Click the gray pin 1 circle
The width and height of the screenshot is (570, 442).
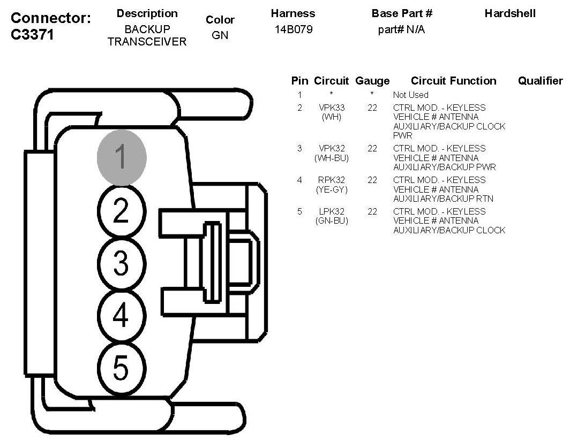(121, 157)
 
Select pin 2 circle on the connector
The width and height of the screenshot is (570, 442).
(121, 211)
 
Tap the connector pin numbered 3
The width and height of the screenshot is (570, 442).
(121, 263)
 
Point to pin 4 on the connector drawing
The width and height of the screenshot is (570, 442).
(121, 315)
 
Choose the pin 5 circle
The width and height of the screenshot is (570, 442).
(121, 368)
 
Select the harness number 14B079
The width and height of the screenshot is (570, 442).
(293, 30)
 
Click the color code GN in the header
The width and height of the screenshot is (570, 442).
(220, 36)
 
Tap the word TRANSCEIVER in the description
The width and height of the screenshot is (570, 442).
(147, 42)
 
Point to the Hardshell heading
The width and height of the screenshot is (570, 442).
(510, 14)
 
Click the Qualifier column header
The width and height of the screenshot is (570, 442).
(540, 81)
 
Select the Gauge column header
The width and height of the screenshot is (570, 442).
(372, 81)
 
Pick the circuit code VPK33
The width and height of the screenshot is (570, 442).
(331, 108)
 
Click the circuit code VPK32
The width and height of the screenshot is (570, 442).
(331, 148)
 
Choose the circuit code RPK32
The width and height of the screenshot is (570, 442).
(331, 180)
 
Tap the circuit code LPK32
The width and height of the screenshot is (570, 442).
(331, 211)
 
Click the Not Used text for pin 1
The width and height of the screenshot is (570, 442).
(410, 95)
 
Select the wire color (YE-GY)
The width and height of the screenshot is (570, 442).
(331, 189)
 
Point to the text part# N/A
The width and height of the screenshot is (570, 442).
(401, 30)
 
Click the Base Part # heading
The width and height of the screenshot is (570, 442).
(402, 14)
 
